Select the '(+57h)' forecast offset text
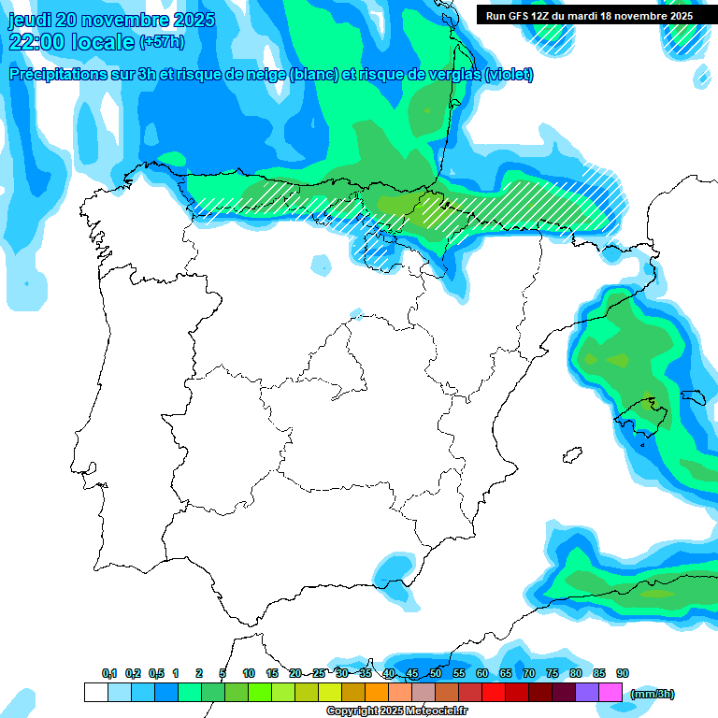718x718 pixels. [x=162, y=42]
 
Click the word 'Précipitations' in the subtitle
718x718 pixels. [x=54, y=75]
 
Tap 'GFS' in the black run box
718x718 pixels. [x=525, y=16]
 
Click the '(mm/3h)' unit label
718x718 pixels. [x=653, y=694]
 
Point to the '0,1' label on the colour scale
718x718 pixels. [x=109, y=673]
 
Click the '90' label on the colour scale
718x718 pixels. [x=623, y=673]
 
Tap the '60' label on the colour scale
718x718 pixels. [x=482, y=673]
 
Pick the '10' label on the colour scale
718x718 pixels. [x=249, y=673]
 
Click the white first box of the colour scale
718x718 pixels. [x=95, y=692]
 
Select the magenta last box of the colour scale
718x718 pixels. [x=610, y=692]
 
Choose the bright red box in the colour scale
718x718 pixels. [x=494, y=692]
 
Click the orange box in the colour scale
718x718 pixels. [x=377, y=692]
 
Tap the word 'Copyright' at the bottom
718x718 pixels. [x=352, y=711]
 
